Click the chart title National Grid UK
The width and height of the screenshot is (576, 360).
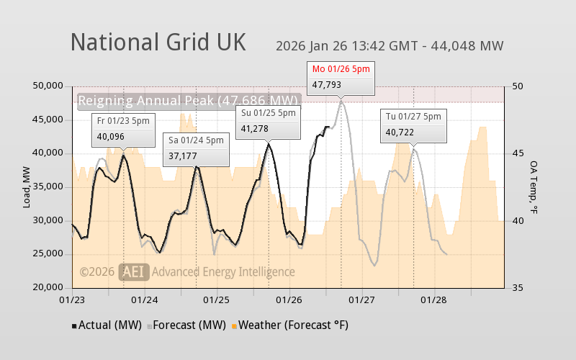(158, 42)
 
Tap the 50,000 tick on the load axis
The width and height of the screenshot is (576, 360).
(50, 86)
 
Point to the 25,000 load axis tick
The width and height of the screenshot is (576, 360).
(50, 253)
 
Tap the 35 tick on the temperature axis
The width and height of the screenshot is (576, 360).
(518, 287)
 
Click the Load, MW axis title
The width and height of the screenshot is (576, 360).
(27, 186)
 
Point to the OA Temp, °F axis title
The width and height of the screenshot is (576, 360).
(534, 186)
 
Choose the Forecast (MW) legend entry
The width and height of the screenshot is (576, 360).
(186, 325)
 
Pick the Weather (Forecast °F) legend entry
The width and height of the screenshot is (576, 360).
(289, 325)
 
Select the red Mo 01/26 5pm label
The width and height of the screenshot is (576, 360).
(341, 68)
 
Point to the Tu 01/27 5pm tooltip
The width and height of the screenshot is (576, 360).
(414, 124)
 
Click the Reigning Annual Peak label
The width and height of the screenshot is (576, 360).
(188, 101)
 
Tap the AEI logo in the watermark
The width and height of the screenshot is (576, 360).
(135, 271)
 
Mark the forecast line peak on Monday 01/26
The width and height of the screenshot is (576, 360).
(341, 100)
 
